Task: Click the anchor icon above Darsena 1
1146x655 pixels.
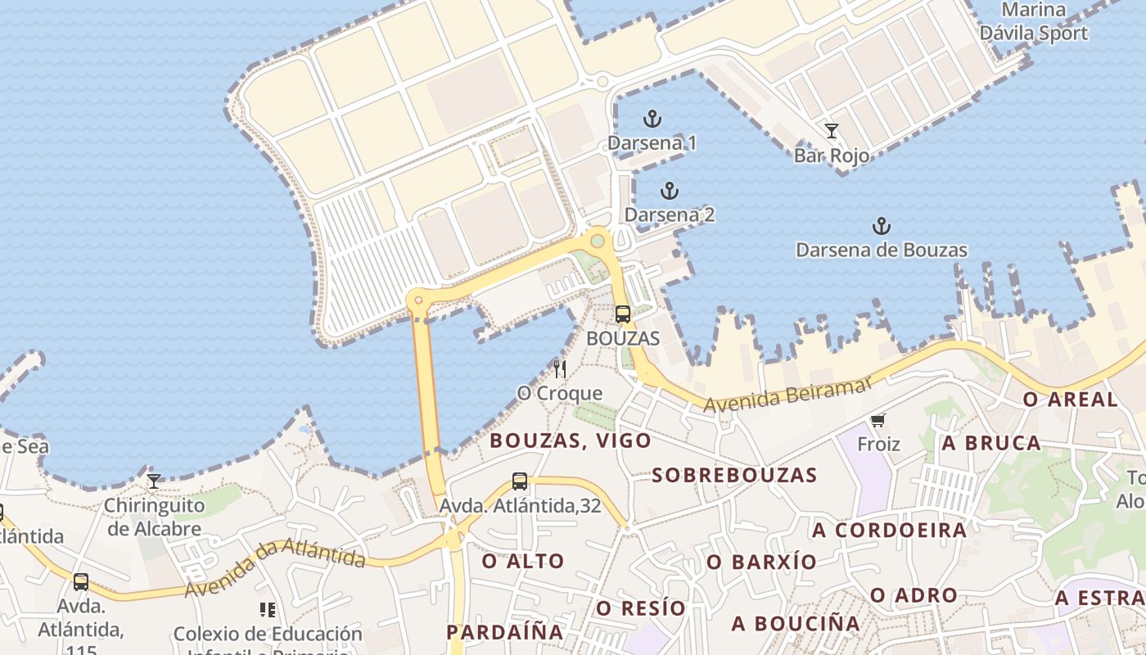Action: (x=652, y=120)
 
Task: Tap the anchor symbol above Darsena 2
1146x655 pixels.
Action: (x=670, y=192)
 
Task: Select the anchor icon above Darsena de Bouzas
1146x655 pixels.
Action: (x=881, y=226)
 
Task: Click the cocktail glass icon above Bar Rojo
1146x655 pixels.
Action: (x=831, y=131)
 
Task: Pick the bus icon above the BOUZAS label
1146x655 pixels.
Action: (x=623, y=314)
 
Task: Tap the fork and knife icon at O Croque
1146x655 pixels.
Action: (x=560, y=368)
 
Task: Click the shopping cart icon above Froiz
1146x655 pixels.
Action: (x=878, y=421)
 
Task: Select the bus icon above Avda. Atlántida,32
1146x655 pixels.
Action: (x=520, y=481)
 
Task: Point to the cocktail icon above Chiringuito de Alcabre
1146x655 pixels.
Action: (x=153, y=481)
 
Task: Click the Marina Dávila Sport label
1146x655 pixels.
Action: (x=1034, y=22)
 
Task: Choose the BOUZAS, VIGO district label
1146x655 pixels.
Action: (x=571, y=440)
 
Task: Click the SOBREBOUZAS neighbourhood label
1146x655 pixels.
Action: (x=734, y=475)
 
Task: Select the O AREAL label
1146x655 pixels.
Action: (x=1071, y=400)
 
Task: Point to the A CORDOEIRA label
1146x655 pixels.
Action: (x=889, y=530)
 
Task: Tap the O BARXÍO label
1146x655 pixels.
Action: (x=761, y=562)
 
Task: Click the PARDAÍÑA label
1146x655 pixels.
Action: (x=504, y=632)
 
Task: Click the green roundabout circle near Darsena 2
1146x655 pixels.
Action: (x=598, y=241)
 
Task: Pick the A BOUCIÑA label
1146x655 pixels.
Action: (x=796, y=624)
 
